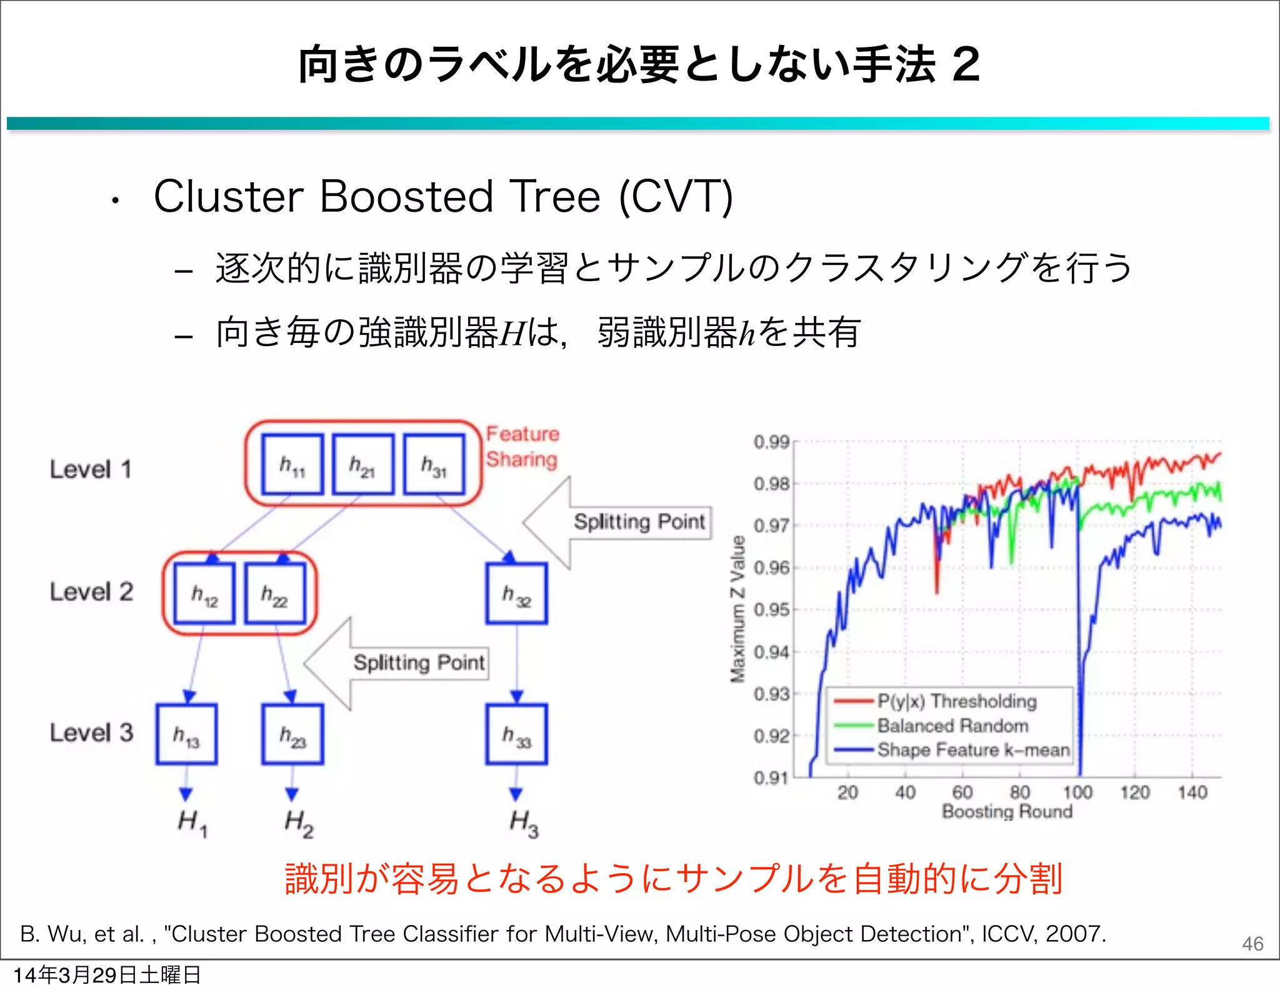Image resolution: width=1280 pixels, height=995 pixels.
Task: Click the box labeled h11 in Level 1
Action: (x=292, y=465)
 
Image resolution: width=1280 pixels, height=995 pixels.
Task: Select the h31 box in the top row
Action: (x=434, y=465)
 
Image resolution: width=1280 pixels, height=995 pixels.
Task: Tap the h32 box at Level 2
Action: (x=516, y=593)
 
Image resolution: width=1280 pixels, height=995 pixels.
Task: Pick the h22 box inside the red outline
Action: (x=275, y=593)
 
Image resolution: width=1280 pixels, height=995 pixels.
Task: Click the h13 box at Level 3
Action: (x=186, y=735)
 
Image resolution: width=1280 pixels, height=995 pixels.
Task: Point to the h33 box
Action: (x=516, y=735)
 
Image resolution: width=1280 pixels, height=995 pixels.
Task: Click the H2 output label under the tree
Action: (x=299, y=823)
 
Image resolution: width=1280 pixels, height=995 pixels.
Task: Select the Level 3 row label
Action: (x=91, y=733)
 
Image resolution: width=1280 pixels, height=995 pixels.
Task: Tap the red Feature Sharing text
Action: (x=522, y=447)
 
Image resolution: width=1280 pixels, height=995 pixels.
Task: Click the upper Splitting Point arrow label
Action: (x=639, y=522)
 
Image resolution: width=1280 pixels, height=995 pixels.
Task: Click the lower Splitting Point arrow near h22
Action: (x=419, y=663)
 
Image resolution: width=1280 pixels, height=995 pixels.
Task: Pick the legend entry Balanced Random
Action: (x=952, y=726)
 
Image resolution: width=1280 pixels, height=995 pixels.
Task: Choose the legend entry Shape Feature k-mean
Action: (x=973, y=750)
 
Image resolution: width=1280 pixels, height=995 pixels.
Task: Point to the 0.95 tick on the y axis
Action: (x=771, y=610)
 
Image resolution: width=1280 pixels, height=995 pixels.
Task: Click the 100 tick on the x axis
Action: (x=1077, y=793)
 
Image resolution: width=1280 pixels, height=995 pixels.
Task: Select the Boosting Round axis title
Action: (x=1007, y=811)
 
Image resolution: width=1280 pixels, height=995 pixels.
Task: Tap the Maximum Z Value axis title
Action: (x=738, y=609)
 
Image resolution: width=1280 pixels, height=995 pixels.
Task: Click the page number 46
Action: (x=1252, y=943)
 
